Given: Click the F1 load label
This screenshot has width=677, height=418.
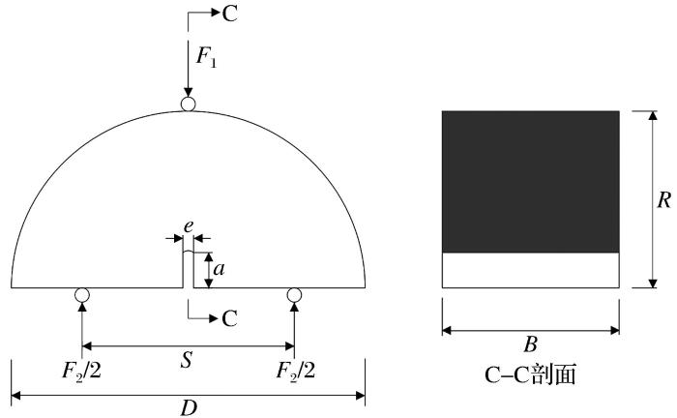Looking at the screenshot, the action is click(206, 56).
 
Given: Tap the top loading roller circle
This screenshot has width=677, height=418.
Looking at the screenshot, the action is click(188, 104).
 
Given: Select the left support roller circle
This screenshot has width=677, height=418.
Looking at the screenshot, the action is click(81, 294).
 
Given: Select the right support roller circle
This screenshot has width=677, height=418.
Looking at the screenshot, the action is click(294, 294).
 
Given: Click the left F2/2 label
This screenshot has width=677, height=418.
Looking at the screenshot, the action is click(81, 371).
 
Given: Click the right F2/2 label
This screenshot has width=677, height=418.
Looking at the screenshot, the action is click(296, 371).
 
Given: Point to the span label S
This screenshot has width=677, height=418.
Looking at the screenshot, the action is click(186, 359).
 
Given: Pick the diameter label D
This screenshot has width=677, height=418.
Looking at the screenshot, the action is click(189, 407).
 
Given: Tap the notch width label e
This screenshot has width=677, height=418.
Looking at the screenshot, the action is click(189, 226).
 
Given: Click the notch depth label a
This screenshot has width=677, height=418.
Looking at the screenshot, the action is click(220, 269).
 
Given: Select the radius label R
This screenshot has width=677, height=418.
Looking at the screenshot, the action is click(664, 200).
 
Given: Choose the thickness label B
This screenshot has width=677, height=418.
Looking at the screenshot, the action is click(531, 344).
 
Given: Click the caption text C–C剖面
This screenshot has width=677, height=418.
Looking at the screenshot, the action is click(530, 374).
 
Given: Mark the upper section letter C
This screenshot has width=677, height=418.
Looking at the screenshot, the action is click(230, 14).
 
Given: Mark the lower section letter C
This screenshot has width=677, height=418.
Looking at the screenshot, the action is click(230, 318).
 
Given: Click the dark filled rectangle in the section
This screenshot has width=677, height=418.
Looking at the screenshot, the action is click(531, 182).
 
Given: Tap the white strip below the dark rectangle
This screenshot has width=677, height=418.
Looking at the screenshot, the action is click(531, 270).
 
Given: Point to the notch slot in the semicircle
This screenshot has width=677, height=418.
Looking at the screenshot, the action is click(189, 269).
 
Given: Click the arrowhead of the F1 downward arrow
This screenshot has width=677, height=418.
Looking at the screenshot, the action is click(188, 93).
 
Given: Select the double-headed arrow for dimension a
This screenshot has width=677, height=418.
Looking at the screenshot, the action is click(208, 270).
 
